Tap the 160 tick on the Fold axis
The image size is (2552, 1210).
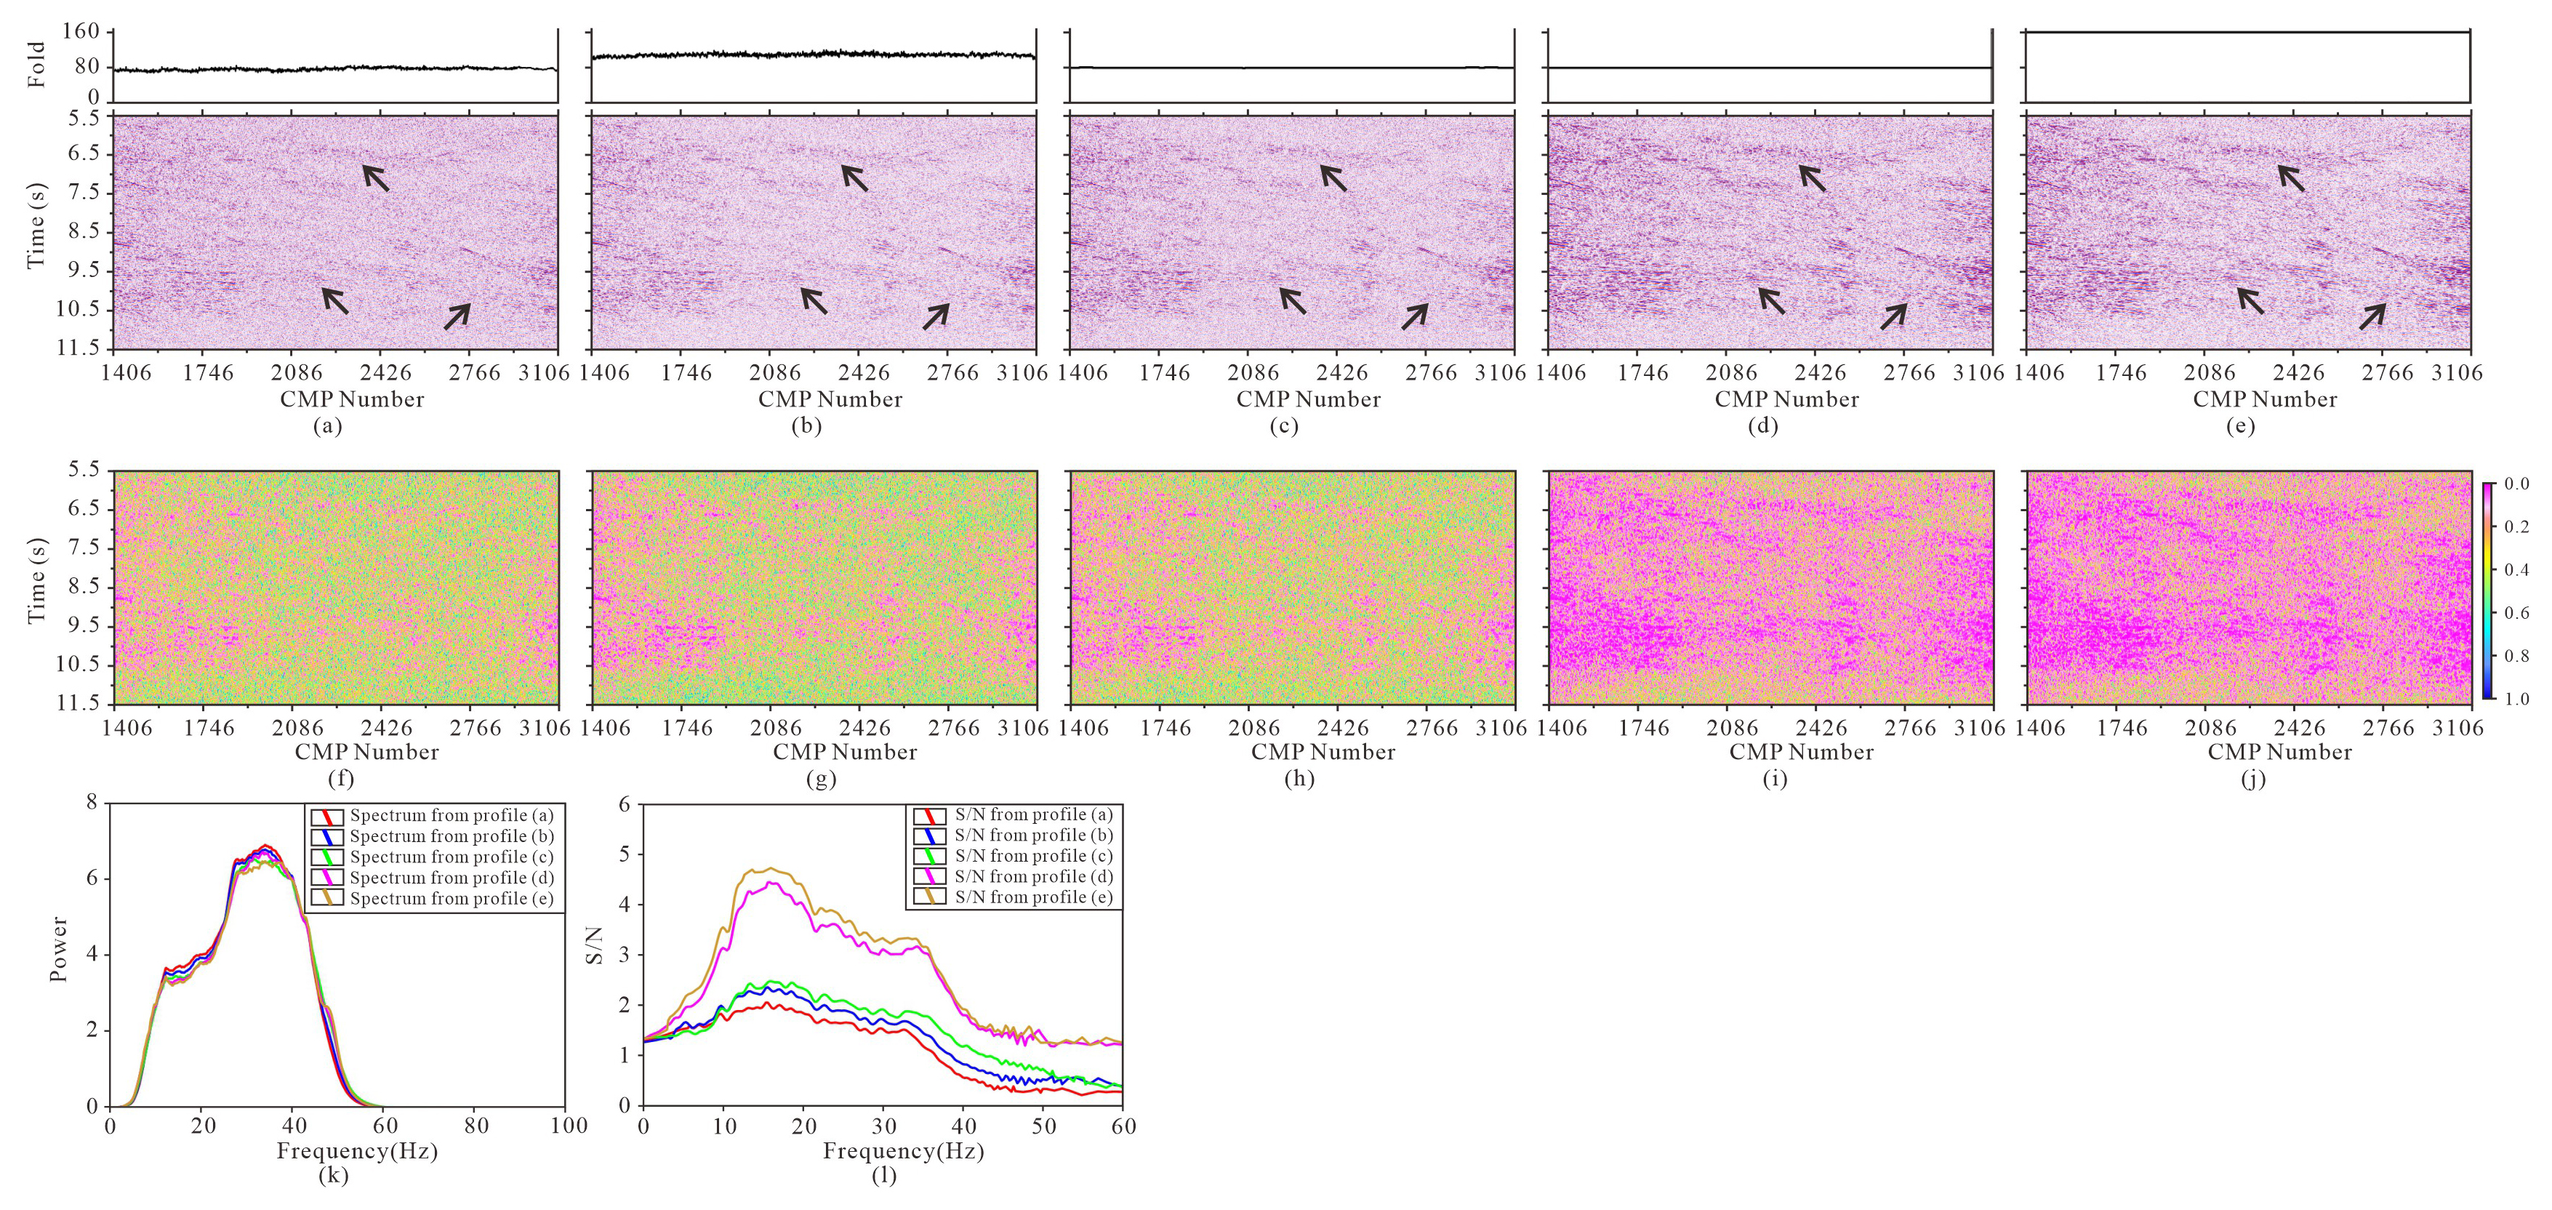[x=80, y=32]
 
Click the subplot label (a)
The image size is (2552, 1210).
[x=327, y=426]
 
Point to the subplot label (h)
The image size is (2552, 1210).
[x=1299, y=779]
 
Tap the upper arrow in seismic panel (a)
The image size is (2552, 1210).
[x=375, y=177]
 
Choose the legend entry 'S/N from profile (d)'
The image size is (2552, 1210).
[x=1033, y=877]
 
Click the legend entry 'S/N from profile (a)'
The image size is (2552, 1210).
[x=1033, y=814]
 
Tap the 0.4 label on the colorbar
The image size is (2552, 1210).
[x=2516, y=570]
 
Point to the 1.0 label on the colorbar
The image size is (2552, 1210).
[x=2516, y=699]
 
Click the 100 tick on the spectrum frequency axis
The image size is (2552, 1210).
[x=569, y=1126]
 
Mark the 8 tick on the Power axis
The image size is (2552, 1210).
[x=92, y=802]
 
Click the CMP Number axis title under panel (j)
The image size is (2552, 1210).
[x=2279, y=752]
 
